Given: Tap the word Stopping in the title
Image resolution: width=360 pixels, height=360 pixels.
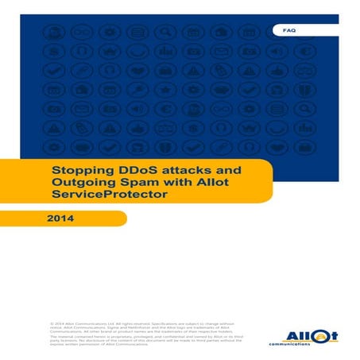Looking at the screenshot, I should tap(78, 169).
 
